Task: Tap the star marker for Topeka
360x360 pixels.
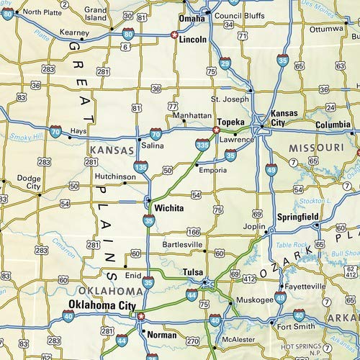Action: click(x=216, y=130)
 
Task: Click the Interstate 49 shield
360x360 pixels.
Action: click(x=271, y=170)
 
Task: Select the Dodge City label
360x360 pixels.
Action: click(x=29, y=181)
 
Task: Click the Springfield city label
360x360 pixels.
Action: click(x=298, y=217)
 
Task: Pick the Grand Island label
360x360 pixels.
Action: click(x=96, y=14)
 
